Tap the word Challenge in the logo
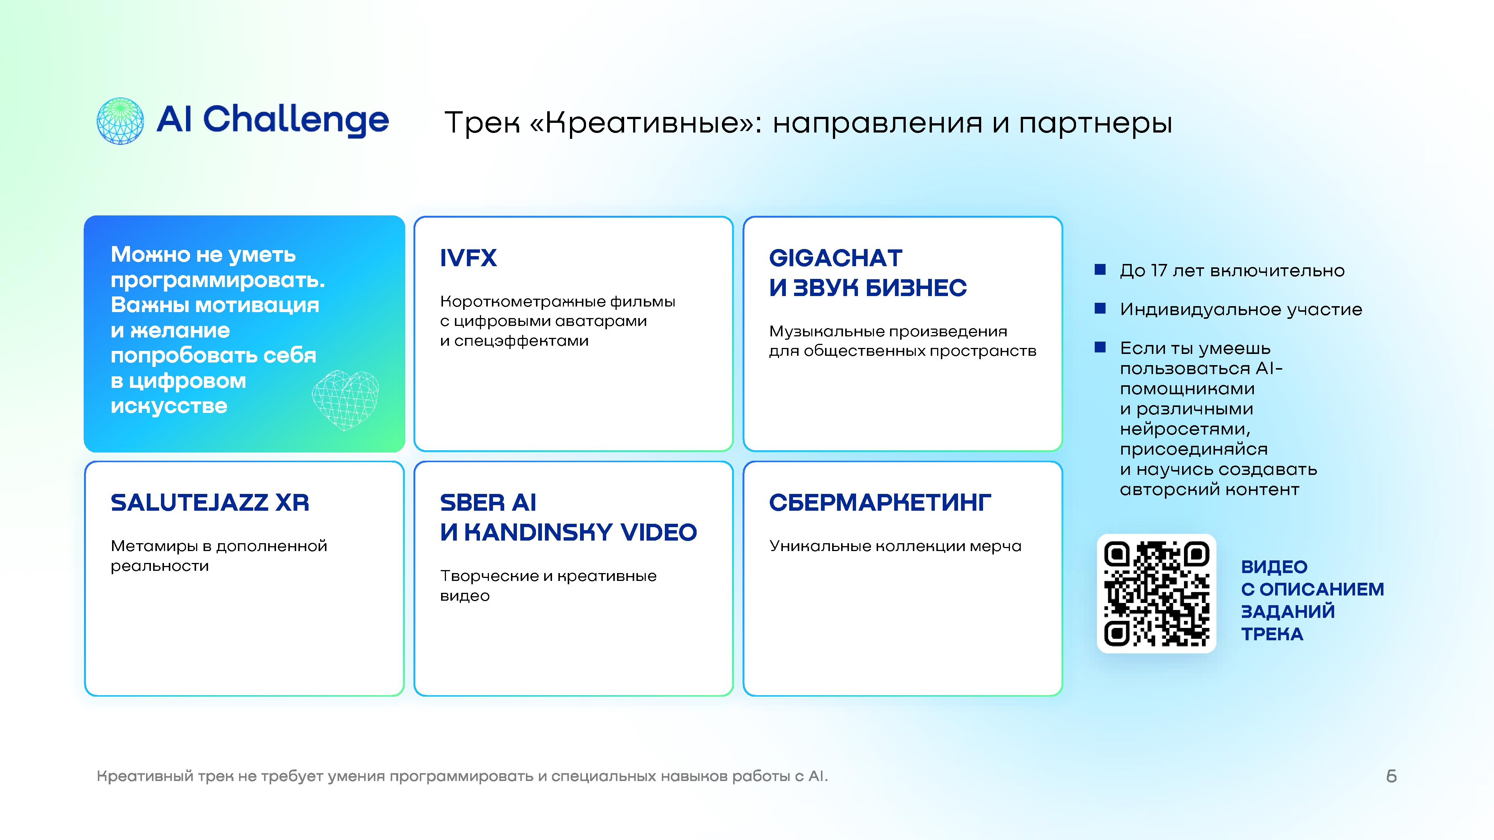click(x=296, y=121)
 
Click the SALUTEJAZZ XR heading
click(x=210, y=503)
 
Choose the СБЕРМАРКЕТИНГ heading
click(x=880, y=503)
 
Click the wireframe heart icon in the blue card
click(x=345, y=400)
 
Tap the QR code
click(x=1156, y=594)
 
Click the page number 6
click(x=1391, y=776)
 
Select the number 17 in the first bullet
click(x=1159, y=271)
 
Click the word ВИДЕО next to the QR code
click(x=1274, y=567)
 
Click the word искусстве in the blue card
click(x=169, y=407)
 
